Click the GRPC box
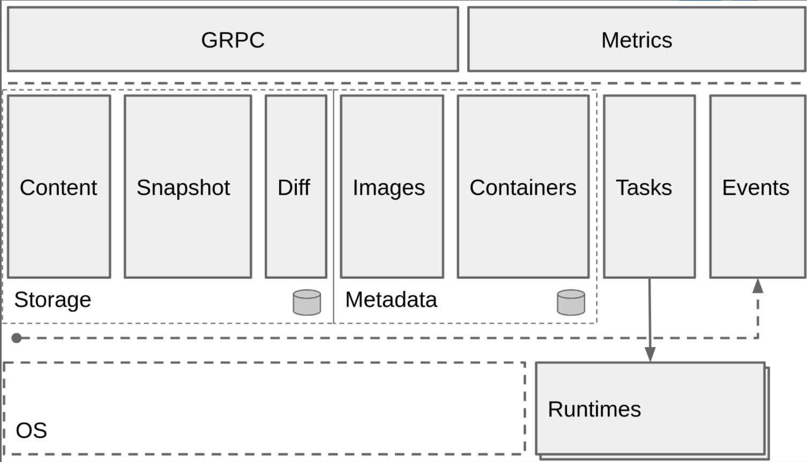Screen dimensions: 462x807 pyautogui.click(x=233, y=39)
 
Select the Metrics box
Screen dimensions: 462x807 pyautogui.click(x=636, y=39)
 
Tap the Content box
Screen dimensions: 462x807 pyautogui.click(x=59, y=187)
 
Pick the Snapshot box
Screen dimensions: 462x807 pyautogui.click(x=188, y=187)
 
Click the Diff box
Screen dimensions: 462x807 pyautogui.click(x=296, y=187)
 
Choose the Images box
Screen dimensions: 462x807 pyautogui.click(x=392, y=187)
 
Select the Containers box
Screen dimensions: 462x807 pyautogui.click(x=523, y=187)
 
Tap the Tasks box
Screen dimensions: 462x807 pyautogui.click(x=649, y=187)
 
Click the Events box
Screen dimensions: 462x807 pyautogui.click(x=757, y=187)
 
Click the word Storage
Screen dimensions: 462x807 pyautogui.click(x=53, y=300)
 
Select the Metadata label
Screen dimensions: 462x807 pyautogui.click(x=391, y=300)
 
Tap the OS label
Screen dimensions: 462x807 pyautogui.click(x=32, y=430)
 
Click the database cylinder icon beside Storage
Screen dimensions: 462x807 pyautogui.click(x=307, y=302)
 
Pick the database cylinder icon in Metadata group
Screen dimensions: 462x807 pyautogui.click(x=571, y=302)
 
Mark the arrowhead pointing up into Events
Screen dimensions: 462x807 pyautogui.click(x=758, y=286)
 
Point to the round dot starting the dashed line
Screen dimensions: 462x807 pyautogui.click(x=17, y=338)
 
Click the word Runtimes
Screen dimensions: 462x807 pyautogui.click(x=594, y=409)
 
